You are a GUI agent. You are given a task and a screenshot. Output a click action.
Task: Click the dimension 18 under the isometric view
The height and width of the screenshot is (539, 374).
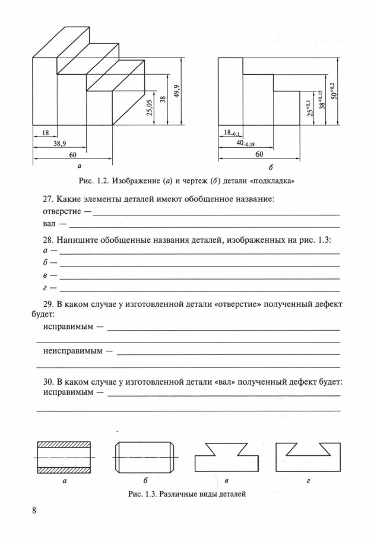[45, 133]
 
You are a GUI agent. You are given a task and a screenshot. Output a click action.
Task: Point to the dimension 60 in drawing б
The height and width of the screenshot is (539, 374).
[259, 154]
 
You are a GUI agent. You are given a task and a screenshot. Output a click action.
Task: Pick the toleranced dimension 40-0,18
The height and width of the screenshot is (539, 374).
[244, 144]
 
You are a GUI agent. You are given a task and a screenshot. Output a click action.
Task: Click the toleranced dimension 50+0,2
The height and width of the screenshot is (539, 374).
[333, 91]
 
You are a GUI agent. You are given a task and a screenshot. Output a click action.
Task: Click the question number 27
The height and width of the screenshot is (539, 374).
[49, 199]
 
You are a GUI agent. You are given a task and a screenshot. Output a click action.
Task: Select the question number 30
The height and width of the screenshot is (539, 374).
[49, 381]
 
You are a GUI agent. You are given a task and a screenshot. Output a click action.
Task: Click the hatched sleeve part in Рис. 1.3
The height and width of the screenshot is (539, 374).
[64, 457]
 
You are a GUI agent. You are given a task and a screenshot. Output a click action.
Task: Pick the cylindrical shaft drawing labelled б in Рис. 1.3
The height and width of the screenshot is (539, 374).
[144, 457]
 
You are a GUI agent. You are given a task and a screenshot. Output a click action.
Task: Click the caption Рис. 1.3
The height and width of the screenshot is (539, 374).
[186, 493]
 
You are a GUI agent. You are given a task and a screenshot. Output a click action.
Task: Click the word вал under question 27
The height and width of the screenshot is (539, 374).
[50, 224]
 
